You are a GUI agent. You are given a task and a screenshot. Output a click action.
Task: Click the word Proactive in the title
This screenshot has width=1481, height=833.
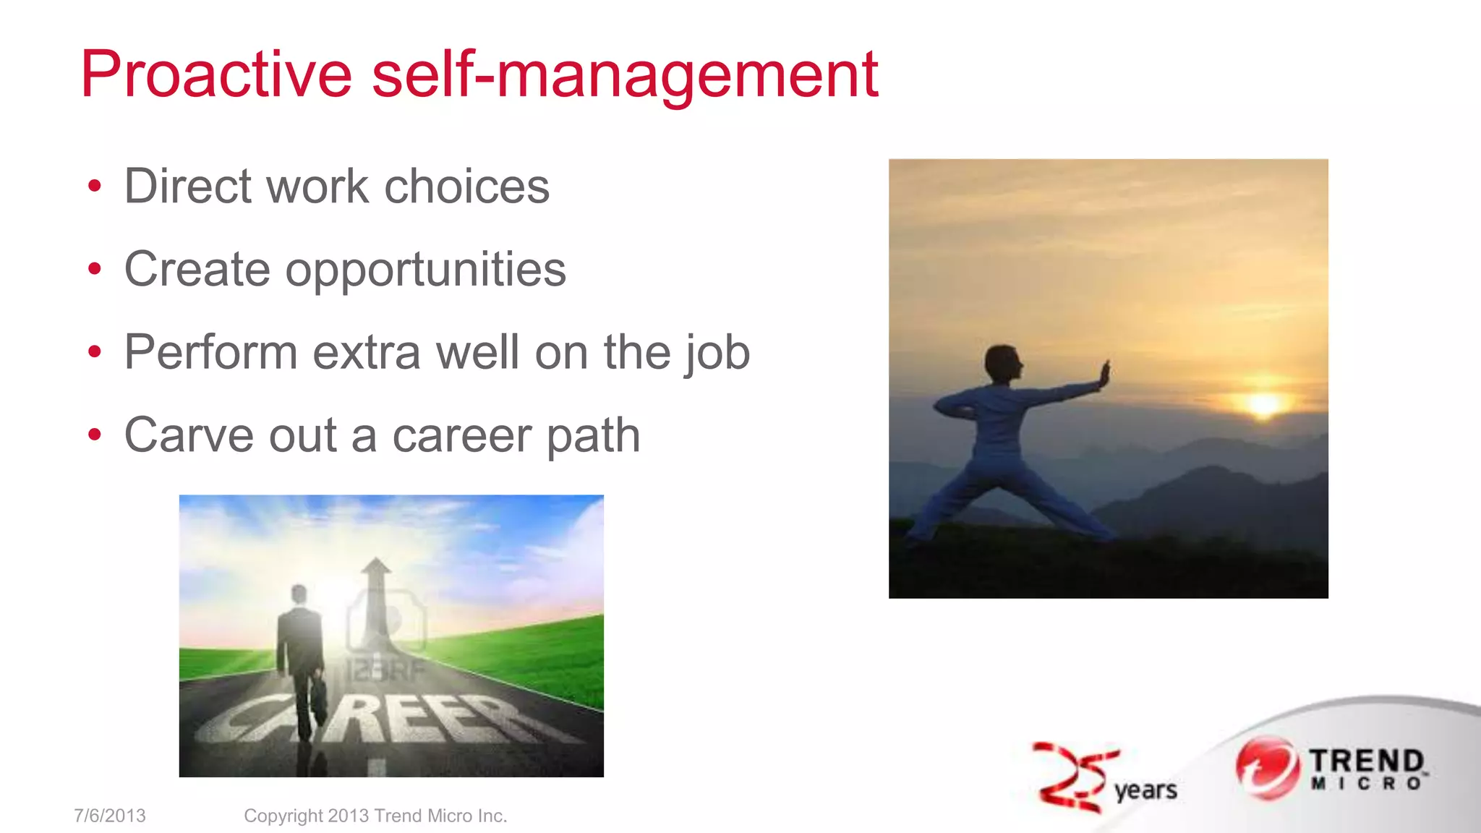[x=215, y=74]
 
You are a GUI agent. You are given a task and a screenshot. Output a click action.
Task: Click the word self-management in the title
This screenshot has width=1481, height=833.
[x=625, y=76]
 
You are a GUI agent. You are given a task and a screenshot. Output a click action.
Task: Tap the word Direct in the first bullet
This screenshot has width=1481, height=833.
[x=187, y=187]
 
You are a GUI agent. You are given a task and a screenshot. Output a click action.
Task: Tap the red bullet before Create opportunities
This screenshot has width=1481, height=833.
[x=94, y=270]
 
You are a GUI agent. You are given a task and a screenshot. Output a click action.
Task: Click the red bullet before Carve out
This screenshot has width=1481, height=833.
[x=94, y=435]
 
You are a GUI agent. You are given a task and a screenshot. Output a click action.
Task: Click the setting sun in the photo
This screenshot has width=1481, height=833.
[x=1263, y=403]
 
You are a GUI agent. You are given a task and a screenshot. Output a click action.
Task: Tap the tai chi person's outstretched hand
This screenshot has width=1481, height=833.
[x=1104, y=374]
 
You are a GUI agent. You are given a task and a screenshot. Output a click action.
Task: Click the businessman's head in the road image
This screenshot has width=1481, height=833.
[x=299, y=595]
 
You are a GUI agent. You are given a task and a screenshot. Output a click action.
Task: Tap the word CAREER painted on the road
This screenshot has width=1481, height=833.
[x=390, y=719]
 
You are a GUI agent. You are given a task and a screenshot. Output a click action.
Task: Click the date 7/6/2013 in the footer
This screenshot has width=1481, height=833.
[x=110, y=816]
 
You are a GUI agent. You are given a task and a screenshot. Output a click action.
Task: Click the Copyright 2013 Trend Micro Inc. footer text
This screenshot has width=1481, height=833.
[x=375, y=816]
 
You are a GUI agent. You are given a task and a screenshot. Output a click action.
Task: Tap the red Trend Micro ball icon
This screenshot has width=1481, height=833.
[x=1265, y=768]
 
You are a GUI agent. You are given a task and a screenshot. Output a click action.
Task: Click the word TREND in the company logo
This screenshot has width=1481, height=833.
[x=1367, y=761]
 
